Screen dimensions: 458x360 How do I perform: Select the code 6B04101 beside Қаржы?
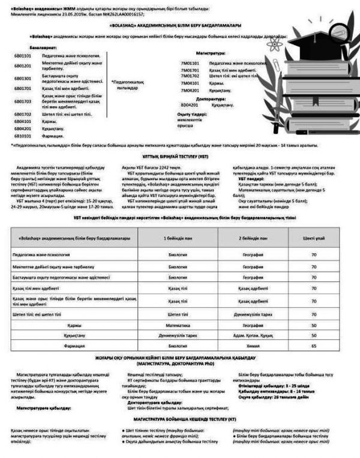click(22, 121)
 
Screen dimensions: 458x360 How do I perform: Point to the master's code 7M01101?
click(190, 62)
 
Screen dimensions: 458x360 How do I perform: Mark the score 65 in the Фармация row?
click(313, 346)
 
